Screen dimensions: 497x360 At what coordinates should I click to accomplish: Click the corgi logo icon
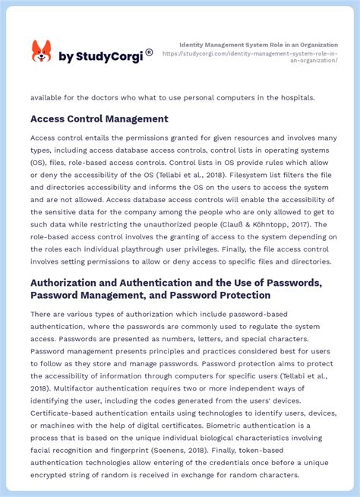[x=41, y=52]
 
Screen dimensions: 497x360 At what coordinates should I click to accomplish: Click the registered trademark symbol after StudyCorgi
[x=149, y=52]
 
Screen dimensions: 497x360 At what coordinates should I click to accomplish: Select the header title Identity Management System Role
[x=258, y=45]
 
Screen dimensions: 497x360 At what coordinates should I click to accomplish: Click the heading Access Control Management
[x=99, y=119]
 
